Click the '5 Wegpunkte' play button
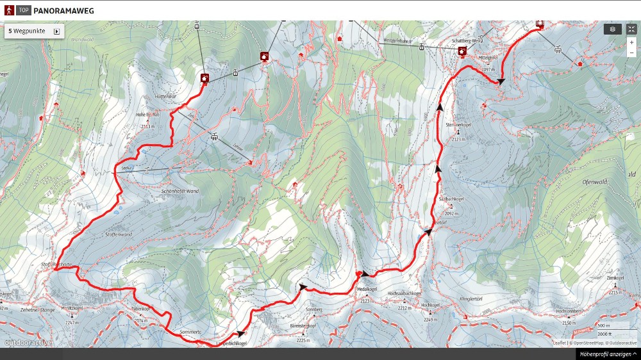[56, 31]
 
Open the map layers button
[612, 29]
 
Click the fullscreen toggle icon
[631, 29]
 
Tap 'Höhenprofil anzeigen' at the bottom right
[608, 354]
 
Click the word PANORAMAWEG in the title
[63, 10]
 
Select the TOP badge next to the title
[24, 10]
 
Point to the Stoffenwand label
[118, 234]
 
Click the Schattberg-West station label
[466, 40]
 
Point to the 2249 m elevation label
[430, 319]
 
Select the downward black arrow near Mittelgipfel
[501, 81]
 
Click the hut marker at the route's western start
[204, 78]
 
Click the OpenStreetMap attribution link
[587, 343]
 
